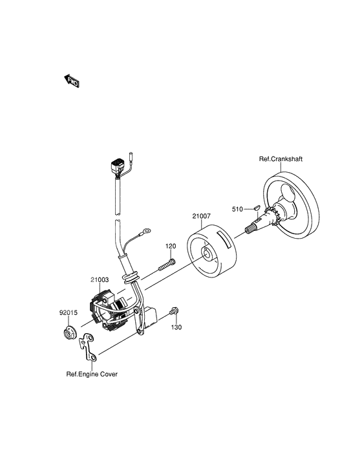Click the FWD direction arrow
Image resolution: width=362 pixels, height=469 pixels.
(72, 81)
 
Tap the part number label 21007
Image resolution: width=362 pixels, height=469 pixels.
(201, 216)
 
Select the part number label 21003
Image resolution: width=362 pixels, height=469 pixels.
(100, 279)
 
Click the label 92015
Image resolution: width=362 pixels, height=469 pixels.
(69, 312)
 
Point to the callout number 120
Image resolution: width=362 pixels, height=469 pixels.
(171, 246)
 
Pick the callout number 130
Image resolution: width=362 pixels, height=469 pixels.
(176, 327)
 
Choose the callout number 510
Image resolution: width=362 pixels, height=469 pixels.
(237, 210)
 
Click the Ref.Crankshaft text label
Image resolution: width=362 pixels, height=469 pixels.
(281, 159)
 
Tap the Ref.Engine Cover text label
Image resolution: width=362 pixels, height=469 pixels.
(92, 374)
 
